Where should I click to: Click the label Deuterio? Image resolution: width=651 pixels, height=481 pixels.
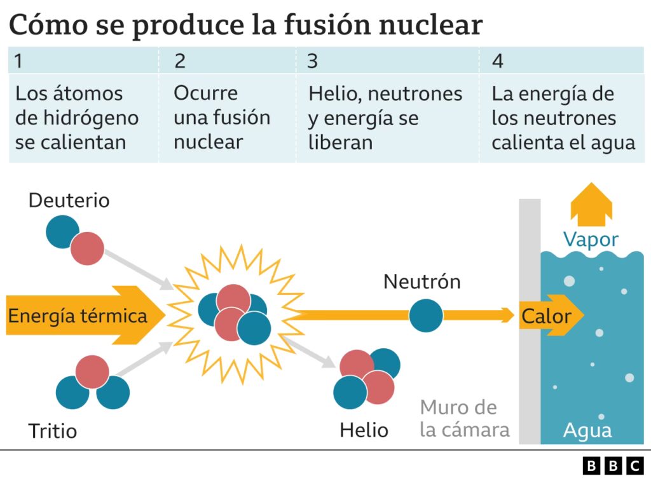click(x=69, y=201)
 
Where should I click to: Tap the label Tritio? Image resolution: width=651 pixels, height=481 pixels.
click(x=52, y=431)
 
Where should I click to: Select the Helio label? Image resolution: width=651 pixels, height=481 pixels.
click(x=364, y=430)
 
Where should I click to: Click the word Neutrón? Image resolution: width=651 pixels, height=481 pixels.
click(x=421, y=281)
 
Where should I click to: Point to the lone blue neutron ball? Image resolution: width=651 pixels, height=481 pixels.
click(x=426, y=316)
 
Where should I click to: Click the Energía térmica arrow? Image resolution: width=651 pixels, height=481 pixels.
click(x=76, y=316)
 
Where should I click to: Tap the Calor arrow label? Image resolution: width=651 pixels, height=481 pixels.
click(x=545, y=316)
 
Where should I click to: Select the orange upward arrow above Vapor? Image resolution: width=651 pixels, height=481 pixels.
click(x=591, y=204)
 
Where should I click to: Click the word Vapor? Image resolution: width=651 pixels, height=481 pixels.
click(x=591, y=240)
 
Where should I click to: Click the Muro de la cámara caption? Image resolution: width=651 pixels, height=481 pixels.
click(x=465, y=418)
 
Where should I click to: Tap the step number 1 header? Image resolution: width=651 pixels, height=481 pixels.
click(x=19, y=61)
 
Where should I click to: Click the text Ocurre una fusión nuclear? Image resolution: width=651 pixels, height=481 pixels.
click(x=221, y=118)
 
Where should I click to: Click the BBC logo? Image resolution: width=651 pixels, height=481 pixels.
click(x=613, y=466)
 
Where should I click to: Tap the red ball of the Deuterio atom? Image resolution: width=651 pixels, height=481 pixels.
click(x=87, y=248)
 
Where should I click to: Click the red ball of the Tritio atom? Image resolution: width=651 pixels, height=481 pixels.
click(x=93, y=372)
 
